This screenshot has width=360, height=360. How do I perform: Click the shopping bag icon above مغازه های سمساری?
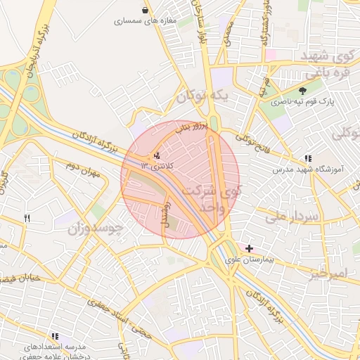145,11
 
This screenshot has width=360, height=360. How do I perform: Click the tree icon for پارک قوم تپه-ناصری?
303,91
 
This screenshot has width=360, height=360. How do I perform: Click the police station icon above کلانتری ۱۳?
156,155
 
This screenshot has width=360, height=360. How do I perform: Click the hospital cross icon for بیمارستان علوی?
249,248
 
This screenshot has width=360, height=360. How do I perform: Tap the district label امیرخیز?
328,272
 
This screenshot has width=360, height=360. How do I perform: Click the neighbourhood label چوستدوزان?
96,229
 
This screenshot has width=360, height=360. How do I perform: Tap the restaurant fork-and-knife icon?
27,218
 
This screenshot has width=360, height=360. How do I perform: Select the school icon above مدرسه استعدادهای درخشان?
55,337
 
